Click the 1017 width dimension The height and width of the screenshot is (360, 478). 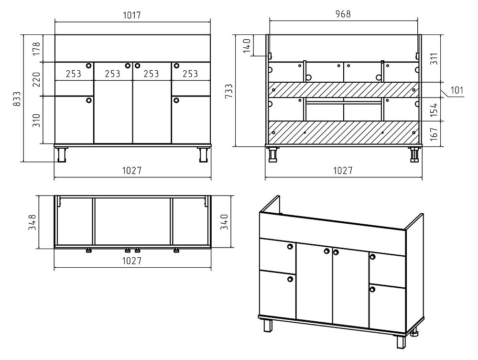[132, 15]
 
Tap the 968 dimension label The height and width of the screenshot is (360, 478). [343, 14]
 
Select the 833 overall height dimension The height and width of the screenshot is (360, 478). [17, 99]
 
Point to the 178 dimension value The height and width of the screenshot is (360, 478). [36, 49]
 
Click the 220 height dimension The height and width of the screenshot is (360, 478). [36, 79]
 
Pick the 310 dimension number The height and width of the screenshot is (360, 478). [36, 120]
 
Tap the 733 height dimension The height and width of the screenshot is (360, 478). [228, 91]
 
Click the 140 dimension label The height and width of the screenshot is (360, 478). [247, 46]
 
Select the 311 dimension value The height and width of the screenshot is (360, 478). [434, 58]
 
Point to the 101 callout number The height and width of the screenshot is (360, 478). [456, 90]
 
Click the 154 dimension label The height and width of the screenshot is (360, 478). [434, 110]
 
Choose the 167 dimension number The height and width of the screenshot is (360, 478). [434, 134]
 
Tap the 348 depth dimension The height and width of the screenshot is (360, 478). [33, 222]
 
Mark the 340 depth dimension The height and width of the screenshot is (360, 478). [224, 222]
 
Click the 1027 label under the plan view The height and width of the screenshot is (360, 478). [132, 261]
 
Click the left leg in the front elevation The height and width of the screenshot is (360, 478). [62, 154]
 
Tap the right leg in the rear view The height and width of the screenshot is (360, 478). [413, 155]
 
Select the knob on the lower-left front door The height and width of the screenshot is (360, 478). [89, 100]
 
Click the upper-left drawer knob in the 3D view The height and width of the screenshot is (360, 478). [290, 246]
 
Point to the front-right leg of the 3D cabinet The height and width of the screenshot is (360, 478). [401, 342]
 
